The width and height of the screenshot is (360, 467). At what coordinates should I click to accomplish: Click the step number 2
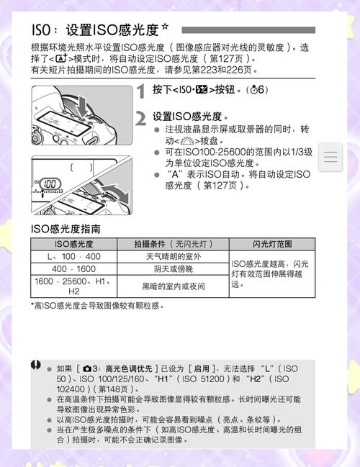click(x=141, y=118)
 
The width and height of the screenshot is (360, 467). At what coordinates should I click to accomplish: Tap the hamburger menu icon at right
click(x=332, y=156)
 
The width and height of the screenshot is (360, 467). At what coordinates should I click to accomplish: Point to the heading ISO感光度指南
click(x=65, y=229)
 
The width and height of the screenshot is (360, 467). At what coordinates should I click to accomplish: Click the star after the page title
click(x=166, y=27)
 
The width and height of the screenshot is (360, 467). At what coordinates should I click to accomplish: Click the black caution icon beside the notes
click(x=36, y=366)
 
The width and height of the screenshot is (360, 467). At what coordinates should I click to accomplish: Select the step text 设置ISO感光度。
click(x=190, y=116)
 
